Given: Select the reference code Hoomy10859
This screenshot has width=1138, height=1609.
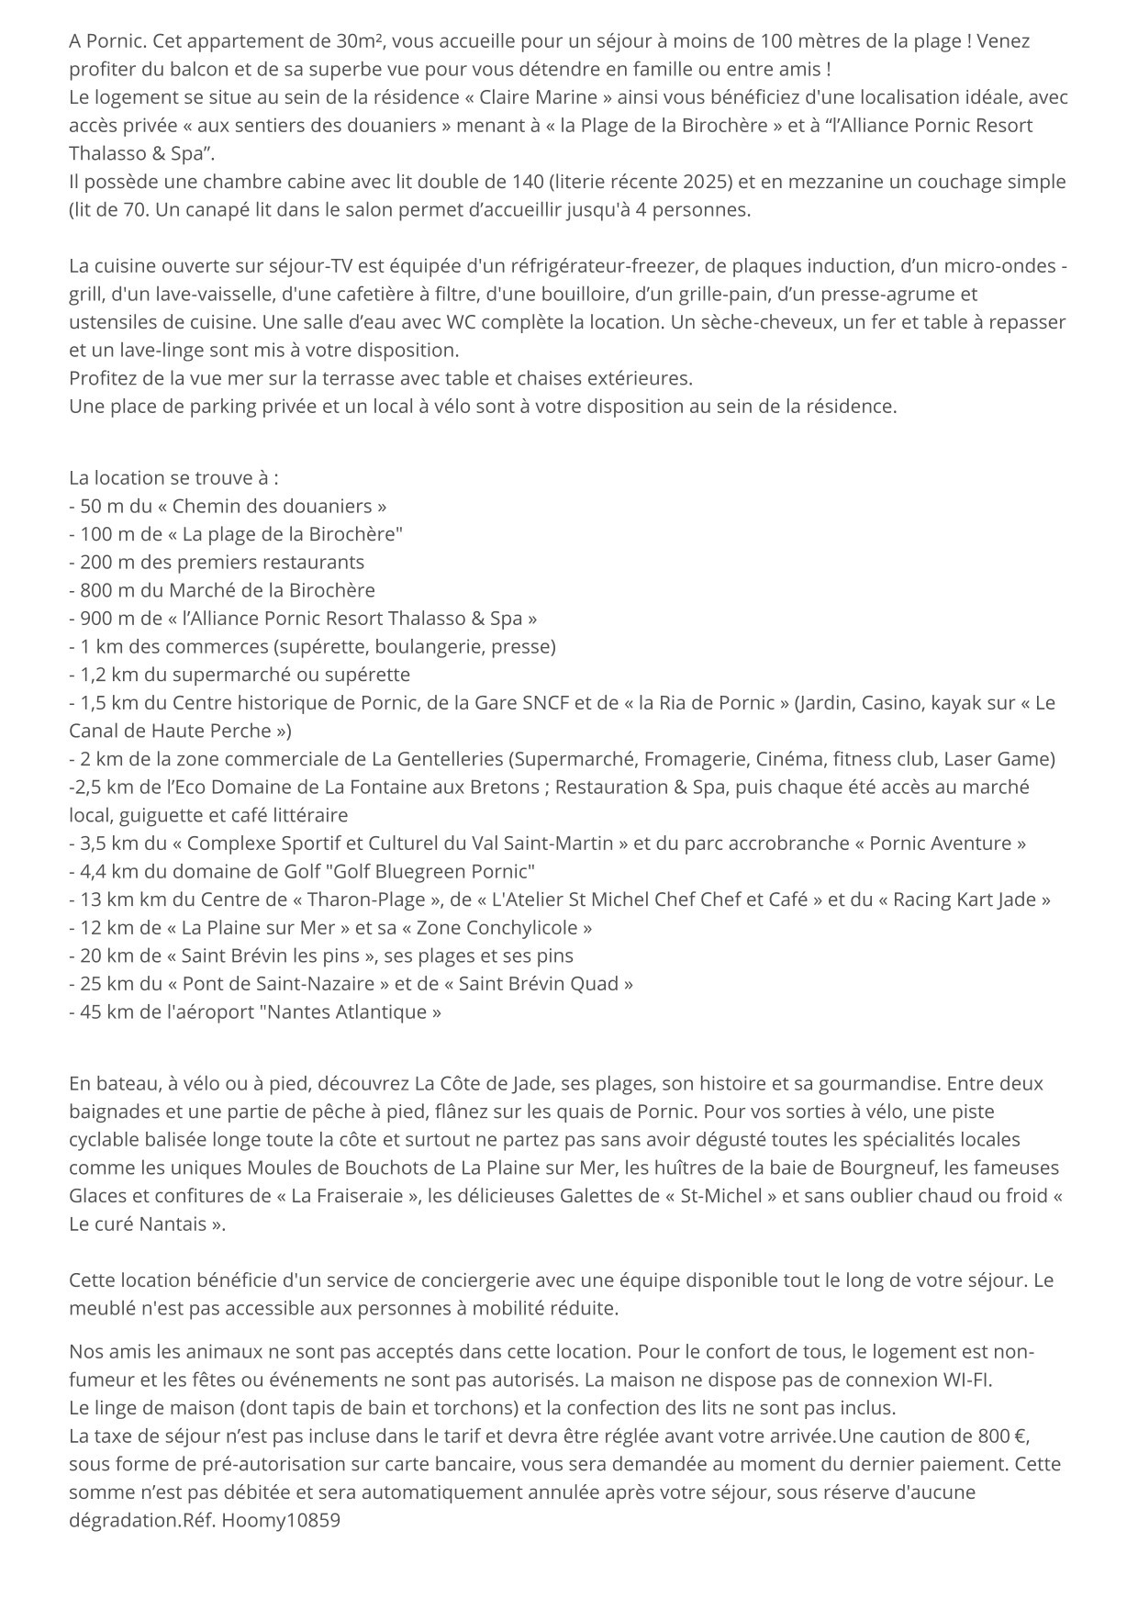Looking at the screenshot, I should point(280,1520).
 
